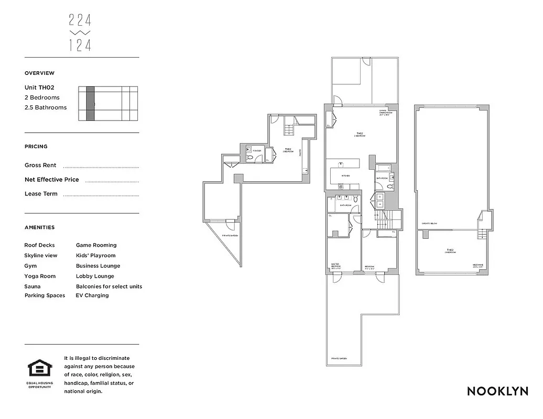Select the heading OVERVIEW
39,73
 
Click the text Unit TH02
39,87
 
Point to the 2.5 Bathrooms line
46,107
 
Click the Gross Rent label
40,165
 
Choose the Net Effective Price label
52,180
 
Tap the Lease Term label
41,194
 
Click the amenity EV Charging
92,295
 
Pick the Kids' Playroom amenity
96,256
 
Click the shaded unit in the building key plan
91,104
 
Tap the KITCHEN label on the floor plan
346,176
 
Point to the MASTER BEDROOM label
336,266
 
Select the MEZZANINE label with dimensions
477,266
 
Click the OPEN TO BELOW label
430,224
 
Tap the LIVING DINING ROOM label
385,112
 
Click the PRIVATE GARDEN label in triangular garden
230,236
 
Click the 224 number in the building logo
80,20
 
